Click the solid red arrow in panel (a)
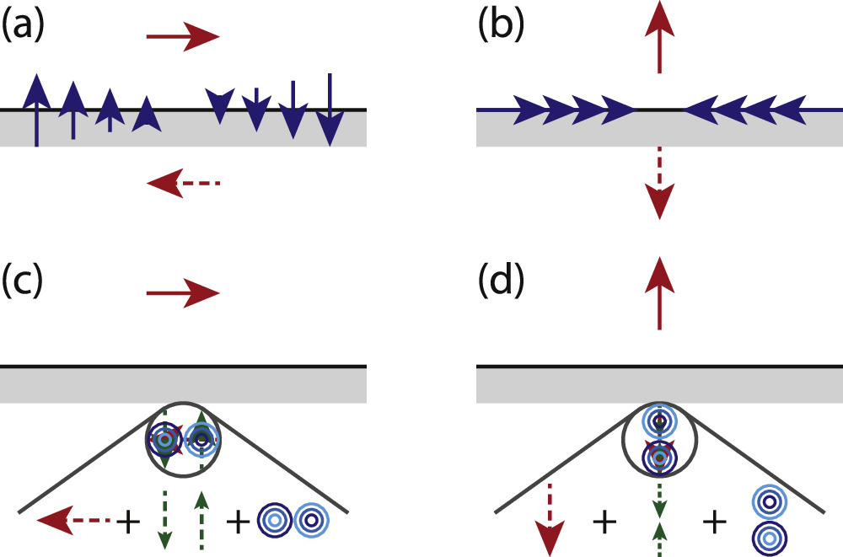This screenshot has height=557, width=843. [182, 36]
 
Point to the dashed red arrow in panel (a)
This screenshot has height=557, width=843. [182, 181]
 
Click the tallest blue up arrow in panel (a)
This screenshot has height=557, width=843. [35, 110]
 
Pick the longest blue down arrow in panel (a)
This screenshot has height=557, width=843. [330, 109]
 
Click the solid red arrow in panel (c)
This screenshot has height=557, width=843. [182, 293]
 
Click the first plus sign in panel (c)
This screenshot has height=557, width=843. [128, 523]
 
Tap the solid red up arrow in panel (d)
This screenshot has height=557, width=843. [659, 293]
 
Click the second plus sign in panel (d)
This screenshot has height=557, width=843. [715, 523]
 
